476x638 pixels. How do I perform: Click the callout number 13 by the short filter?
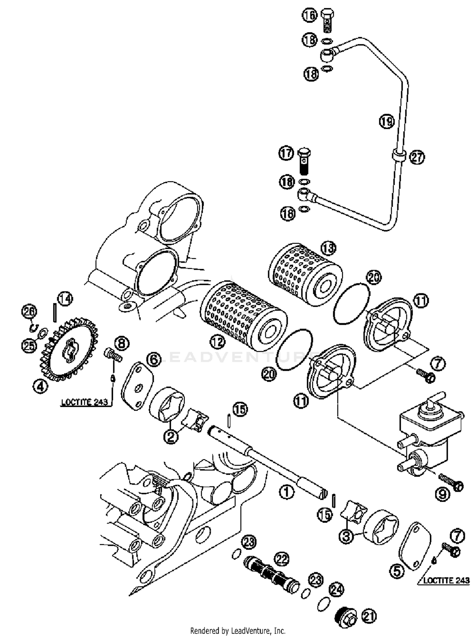click(x=328, y=248)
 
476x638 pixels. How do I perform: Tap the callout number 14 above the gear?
click(x=65, y=299)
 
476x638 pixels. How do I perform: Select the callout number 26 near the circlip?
click(x=29, y=312)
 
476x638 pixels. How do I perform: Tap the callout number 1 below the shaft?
click(x=287, y=492)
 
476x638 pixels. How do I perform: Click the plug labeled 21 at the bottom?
click(x=346, y=617)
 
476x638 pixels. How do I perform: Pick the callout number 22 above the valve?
click(x=282, y=559)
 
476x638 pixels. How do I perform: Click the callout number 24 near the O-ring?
click(x=336, y=589)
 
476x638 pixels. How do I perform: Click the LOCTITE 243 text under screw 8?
click(x=85, y=402)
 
